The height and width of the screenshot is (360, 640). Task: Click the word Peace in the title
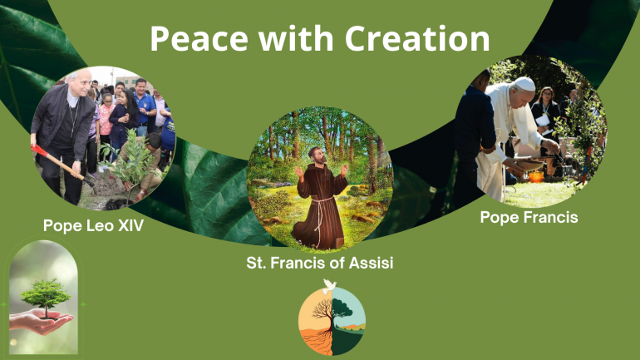199,38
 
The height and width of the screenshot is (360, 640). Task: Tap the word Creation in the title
417,38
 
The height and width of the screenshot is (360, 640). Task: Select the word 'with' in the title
296,38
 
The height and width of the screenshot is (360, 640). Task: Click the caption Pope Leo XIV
93,225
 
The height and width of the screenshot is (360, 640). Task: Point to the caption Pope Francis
529,217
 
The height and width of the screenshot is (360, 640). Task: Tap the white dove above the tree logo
329,286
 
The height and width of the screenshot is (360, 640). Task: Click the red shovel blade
40,151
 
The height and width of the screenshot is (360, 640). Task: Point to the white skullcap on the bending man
524,84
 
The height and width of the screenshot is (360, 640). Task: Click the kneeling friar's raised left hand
343,170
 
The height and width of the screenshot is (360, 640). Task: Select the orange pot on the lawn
536,177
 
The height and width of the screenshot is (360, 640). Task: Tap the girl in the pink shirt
106,121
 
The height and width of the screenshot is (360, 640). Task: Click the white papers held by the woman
544,121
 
